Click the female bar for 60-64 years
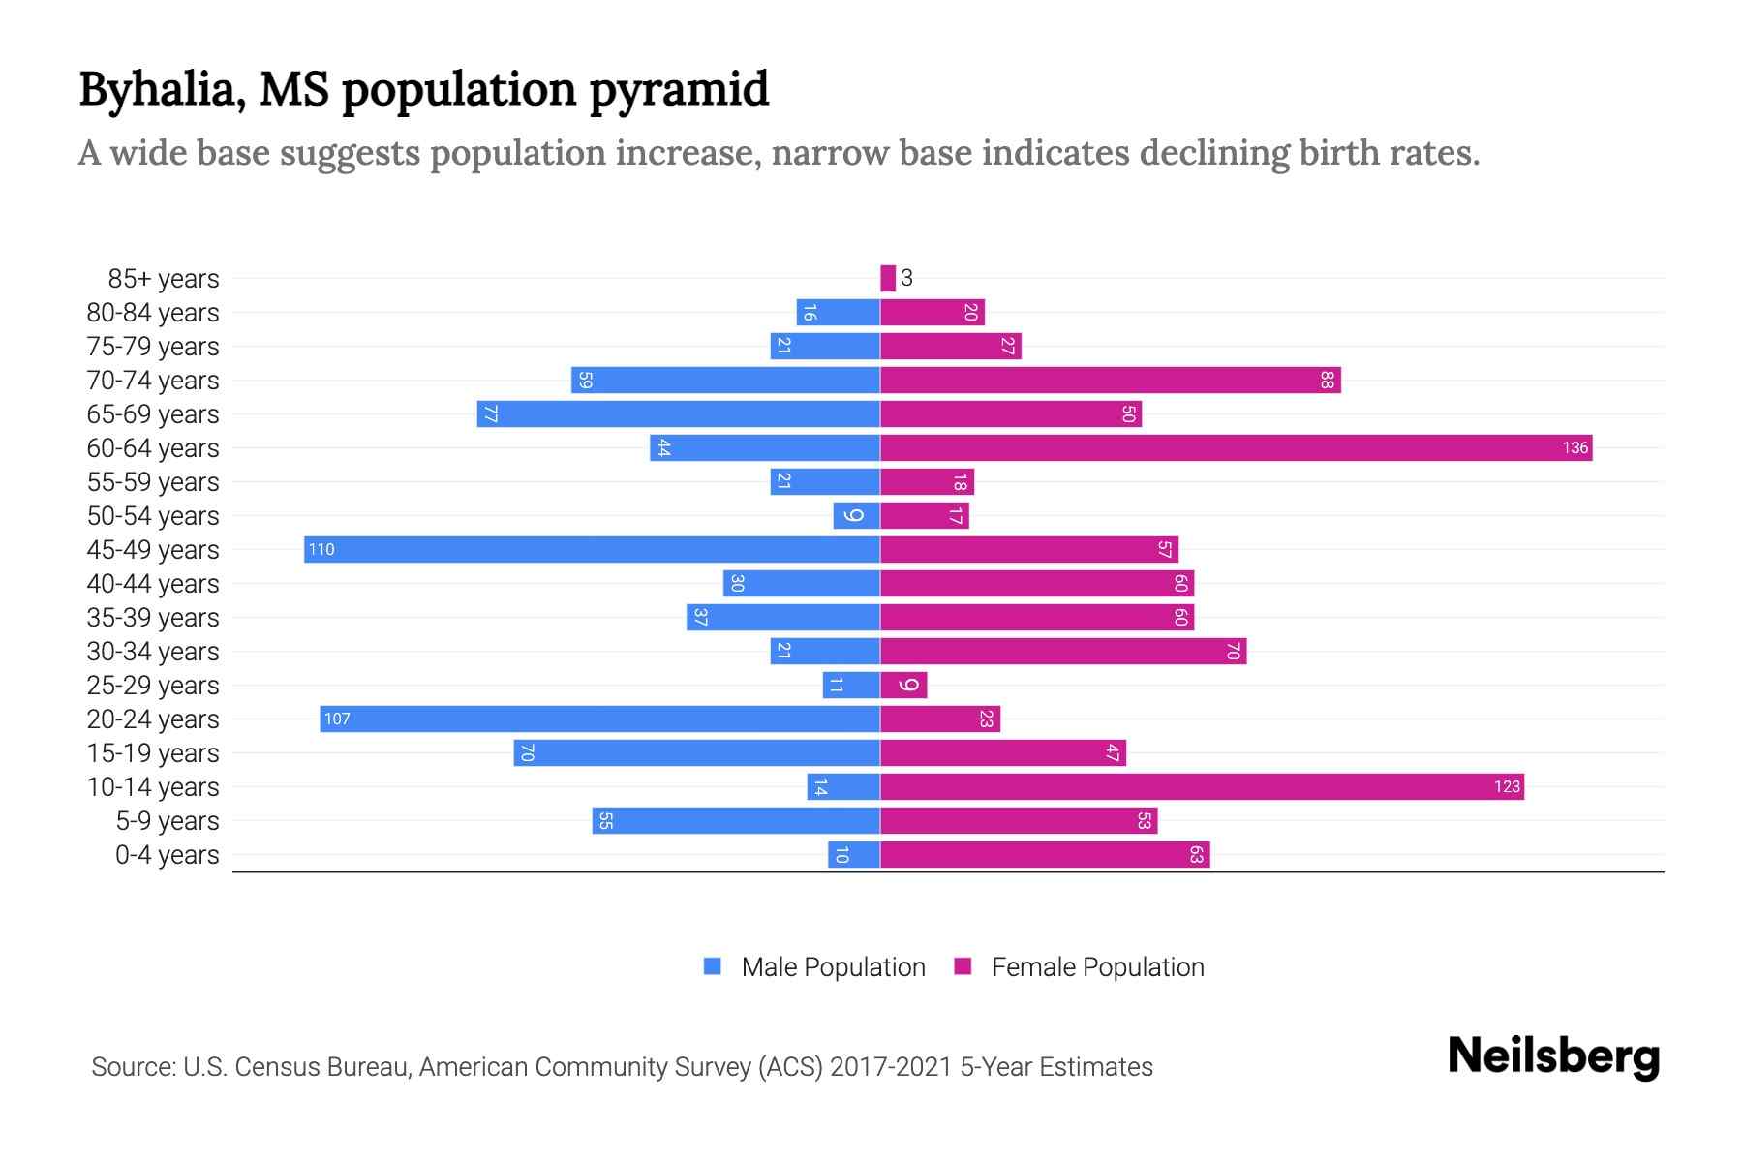pos(1236,447)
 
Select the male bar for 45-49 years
pos(592,549)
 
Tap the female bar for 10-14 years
pos(1202,786)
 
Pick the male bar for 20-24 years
pos(599,719)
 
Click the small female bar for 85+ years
pos(887,278)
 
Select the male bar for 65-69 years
pos(678,413)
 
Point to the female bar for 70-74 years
pos(1110,380)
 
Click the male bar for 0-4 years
pos(853,854)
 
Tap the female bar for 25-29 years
pos(903,685)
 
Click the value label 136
pos(1575,447)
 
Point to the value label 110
pos(321,549)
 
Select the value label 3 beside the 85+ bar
pos(906,278)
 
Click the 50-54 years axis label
pos(153,515)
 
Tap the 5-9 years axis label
pos(167,820)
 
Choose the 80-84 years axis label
pos(153,312)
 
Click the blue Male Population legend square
pos(713,966)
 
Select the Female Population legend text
pos(1097,966)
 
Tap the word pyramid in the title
pos(679,90)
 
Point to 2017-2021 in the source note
pos(891,1066)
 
